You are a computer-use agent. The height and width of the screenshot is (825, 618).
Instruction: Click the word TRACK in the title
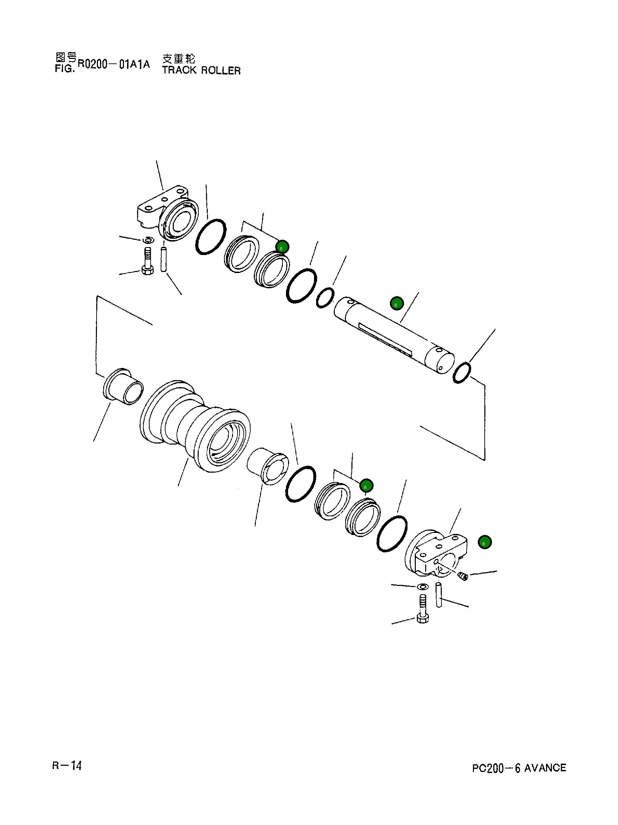[x=179, y=70]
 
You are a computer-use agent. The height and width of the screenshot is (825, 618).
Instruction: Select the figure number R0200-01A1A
[x=114, y=64]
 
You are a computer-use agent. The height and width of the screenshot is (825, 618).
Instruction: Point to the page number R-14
[x=67, y=766]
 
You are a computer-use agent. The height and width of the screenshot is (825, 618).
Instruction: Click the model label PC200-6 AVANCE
[x=519, y=768]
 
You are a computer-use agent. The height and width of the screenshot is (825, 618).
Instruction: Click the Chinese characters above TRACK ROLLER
[x=179, y=59]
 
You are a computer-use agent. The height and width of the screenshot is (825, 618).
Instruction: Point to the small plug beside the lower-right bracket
[x=463, y=577]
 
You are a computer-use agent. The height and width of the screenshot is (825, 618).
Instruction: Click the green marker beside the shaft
[x=396, y=304]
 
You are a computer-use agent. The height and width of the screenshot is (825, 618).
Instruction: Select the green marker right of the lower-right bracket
[x=485, y=542]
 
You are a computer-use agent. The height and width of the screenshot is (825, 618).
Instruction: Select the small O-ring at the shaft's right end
[x=462, y=372]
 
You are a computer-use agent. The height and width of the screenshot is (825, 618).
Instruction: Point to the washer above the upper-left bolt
[x=148, y=239]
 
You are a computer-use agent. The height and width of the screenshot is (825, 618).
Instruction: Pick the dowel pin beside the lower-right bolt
[x=439, y=595]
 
